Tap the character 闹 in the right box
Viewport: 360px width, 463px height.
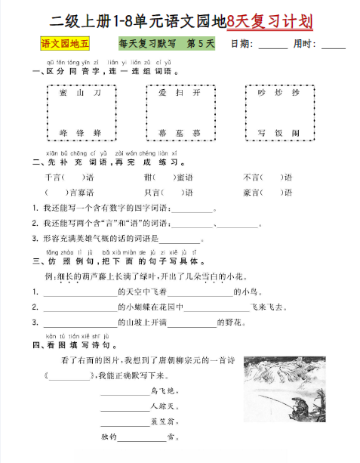coord(296,132)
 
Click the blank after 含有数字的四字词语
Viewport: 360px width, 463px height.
coord(195,210)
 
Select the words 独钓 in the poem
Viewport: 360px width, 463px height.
coord(109,436)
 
